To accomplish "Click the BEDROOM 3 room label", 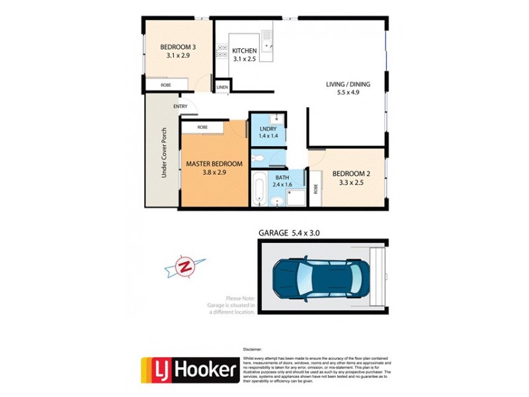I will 179,47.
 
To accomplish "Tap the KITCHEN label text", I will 244,50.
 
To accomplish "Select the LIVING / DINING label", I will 348,84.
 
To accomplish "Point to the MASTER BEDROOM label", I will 214,163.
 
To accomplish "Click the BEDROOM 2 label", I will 350,173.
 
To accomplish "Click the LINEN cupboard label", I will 222,87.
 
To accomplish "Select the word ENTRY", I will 181,107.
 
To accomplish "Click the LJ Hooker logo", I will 190,370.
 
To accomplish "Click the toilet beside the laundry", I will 261,157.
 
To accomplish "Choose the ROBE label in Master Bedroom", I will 202,126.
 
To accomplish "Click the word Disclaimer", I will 254,349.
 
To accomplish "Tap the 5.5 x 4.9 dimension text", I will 348,93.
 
